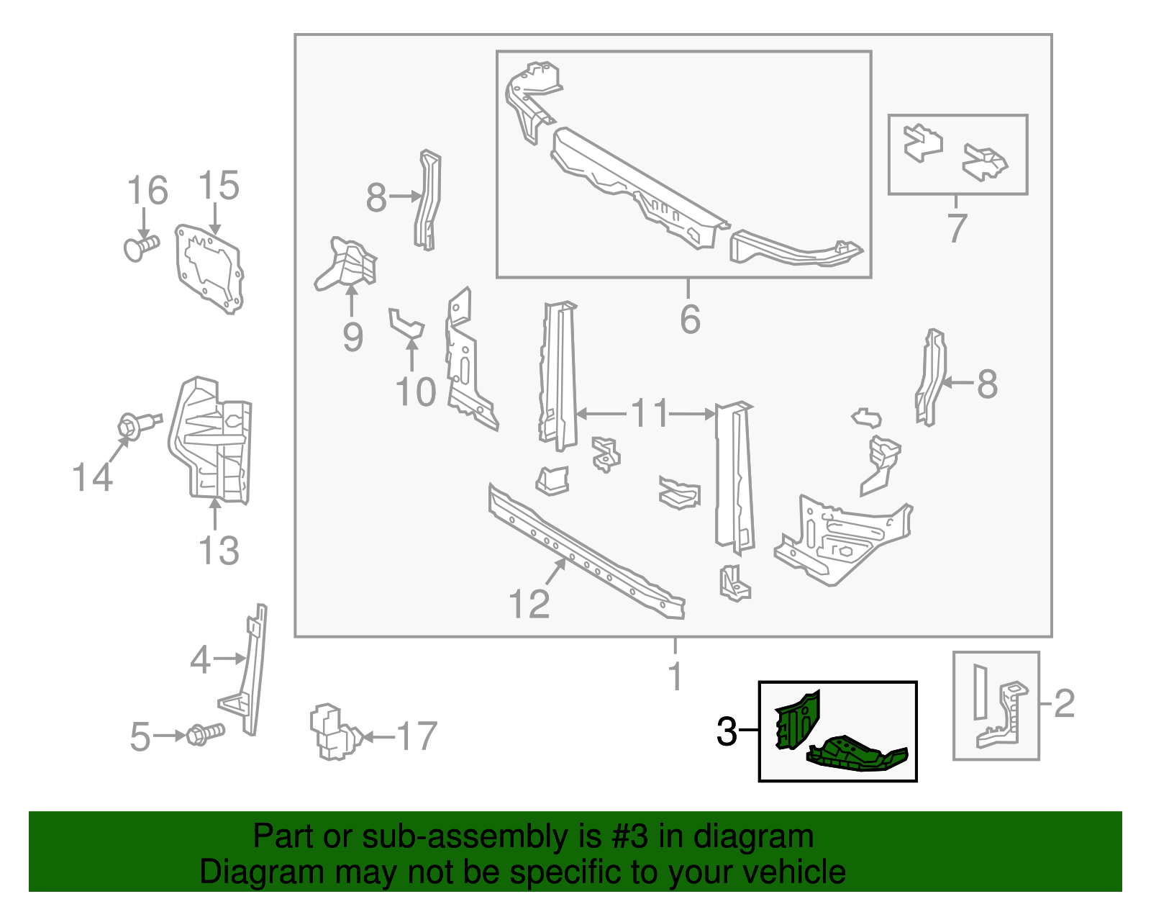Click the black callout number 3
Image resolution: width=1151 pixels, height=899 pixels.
coord(727,732)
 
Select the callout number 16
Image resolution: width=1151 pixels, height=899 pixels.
coord(147,191)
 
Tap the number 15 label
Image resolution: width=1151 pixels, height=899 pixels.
coord(218,186)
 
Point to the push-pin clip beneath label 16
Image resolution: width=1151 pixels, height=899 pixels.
coord(141,248)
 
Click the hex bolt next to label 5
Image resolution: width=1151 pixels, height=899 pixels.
coord(205,735)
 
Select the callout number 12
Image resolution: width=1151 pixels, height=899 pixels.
coord(529,604)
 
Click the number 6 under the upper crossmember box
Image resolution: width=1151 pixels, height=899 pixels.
coord(689,319)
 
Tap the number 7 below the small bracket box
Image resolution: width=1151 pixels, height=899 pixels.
coord(956,228)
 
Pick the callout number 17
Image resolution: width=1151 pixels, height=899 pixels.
coord(417,736)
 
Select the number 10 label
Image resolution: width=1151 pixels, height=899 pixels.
coord(415,392)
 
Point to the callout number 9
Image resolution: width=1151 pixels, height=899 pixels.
coord(352,337)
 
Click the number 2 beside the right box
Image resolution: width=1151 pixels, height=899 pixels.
coord(1064,703)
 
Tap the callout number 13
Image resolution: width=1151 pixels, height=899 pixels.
coord(218,551)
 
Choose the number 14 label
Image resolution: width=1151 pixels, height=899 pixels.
coord(93,477)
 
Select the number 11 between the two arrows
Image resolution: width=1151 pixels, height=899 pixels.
coord(650,414)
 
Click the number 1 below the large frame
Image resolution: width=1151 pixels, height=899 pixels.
coord(675,677)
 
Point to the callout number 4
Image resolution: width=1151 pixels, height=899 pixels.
coord(200,659)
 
